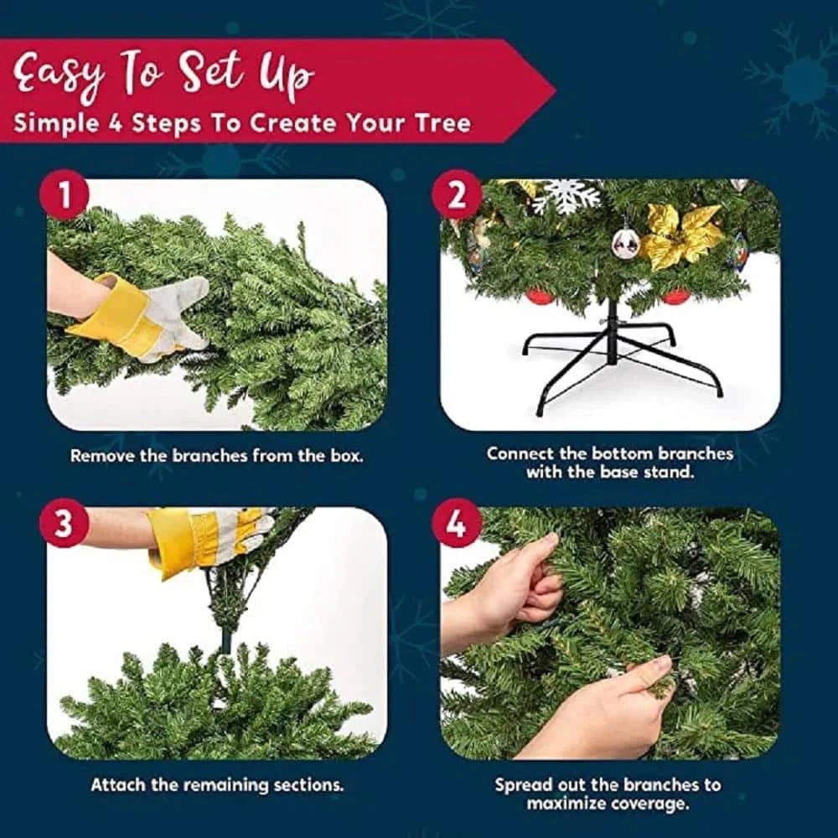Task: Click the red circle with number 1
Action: pyautogui.click(x=65, y=194)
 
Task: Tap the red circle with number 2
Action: pyautogui.click(x=457, y=194)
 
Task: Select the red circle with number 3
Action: pyautogui.click(x=65, y=523)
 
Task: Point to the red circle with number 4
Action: pyautogui.click(x=457, y=523)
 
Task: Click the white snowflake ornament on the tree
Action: pyautogui.click(x=566, y=196)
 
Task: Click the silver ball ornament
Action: pyautogui.click(x=626, y=243)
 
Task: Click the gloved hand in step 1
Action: pyautogui.click(x=139, y=315)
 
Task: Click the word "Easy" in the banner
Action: pyautogui.click(x=58, y=74)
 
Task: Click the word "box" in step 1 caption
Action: pyautogui.click(x=348, y=456)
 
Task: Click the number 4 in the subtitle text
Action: pyautogui.click(x=116, y=123)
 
